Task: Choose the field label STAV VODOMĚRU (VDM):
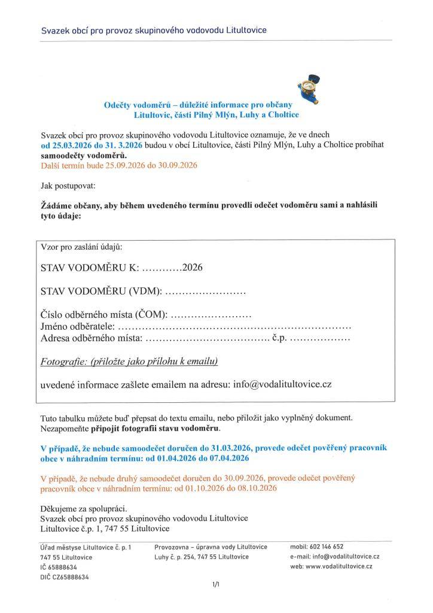tap(101, 292)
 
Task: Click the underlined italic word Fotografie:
tap(63, 362)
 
